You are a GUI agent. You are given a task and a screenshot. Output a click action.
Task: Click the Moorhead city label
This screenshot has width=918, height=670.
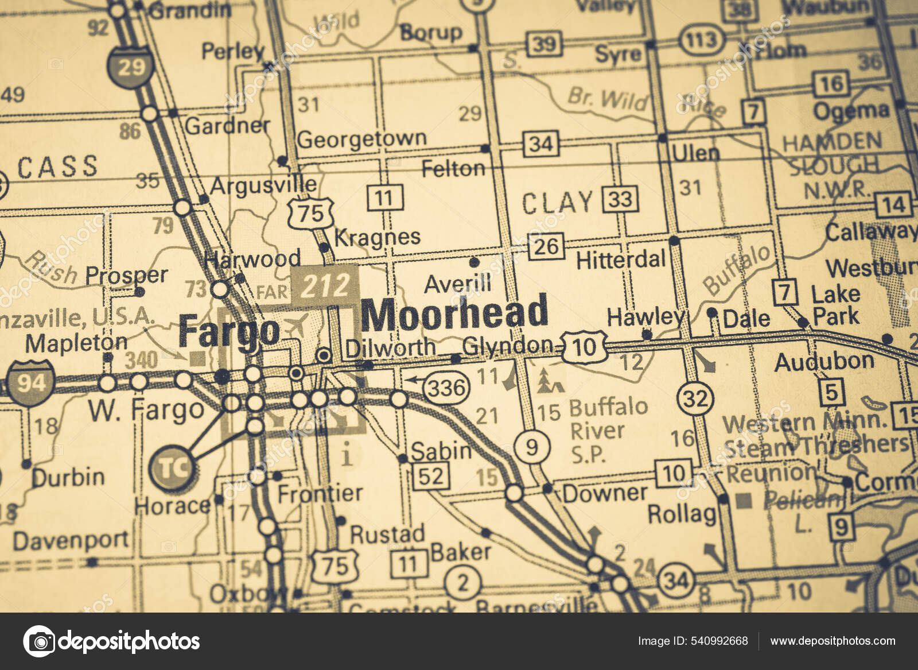(x=455, y=313)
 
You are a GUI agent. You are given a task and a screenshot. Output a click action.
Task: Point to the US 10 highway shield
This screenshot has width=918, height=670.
(x=585, y=347)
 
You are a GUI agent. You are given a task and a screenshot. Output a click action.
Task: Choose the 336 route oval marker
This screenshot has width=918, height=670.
(x=446, y=388)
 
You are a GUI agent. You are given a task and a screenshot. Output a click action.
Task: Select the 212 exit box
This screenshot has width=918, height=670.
(x=325, y=285)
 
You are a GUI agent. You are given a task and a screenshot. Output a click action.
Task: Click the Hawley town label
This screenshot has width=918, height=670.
(x=646, y=316)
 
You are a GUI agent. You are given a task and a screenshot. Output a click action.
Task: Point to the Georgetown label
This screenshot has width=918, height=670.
(x=361, y=139)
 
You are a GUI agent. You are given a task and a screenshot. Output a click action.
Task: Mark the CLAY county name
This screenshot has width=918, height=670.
(x=557, y=203)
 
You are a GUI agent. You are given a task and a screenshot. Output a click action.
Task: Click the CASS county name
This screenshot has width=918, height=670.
(x=57, y=167)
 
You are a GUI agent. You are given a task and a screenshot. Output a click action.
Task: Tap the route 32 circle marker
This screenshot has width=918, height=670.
(x=695, y=397)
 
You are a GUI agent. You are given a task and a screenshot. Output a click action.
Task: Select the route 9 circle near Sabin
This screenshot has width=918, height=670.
(x=531, y=446)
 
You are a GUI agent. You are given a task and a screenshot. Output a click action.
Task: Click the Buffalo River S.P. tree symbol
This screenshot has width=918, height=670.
(x=550, y=382)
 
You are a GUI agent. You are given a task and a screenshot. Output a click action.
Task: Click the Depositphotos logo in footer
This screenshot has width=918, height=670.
(x=112, y=641)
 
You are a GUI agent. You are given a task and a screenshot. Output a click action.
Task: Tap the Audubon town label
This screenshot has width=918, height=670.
(x=824, y=362)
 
